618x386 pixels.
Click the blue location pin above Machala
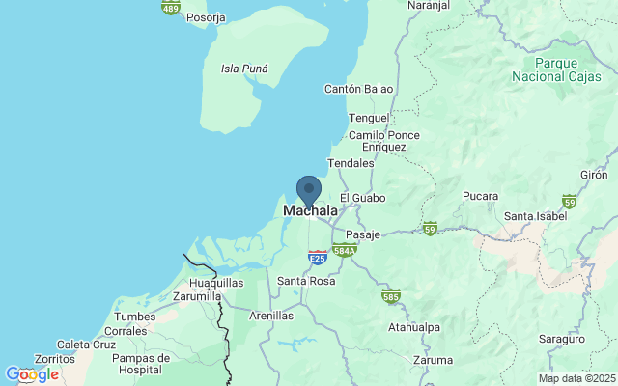click(x=309, y=188)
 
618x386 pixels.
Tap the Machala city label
click(x=310, y=210)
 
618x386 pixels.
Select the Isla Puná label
click(x=244, y=69)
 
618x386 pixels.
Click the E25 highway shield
click(x=317, y=258)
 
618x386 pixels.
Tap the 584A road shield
click(x=345, y=250)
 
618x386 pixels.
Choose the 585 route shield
click(x=391, y=295)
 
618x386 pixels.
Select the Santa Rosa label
click(x=305, y=281)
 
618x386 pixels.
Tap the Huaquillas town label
click(x=216, y=282)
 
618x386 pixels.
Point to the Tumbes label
click(x=134, y=317)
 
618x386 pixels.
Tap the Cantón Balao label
click(x=359, y=89)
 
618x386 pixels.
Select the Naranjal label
click(x=430, y=5)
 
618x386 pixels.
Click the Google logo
click(x=31, y=374)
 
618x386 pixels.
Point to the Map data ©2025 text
click(x=576, y=378)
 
